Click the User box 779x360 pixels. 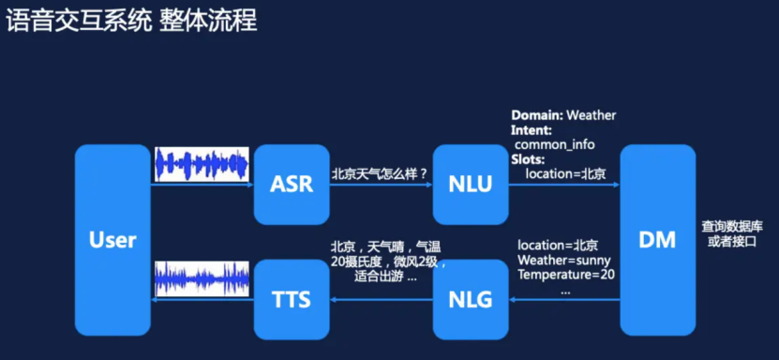112,241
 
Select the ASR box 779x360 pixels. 291,184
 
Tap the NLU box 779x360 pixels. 470,184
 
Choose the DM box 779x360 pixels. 657,241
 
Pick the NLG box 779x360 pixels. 470,299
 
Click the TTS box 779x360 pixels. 291,299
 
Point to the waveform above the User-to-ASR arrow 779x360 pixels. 202,163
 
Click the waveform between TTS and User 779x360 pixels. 202,279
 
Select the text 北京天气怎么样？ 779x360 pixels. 380,173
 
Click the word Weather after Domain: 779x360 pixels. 590,115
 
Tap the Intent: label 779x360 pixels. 532,130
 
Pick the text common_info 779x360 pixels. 555,144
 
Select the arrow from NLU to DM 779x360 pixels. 562,185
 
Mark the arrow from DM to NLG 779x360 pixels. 562,300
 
